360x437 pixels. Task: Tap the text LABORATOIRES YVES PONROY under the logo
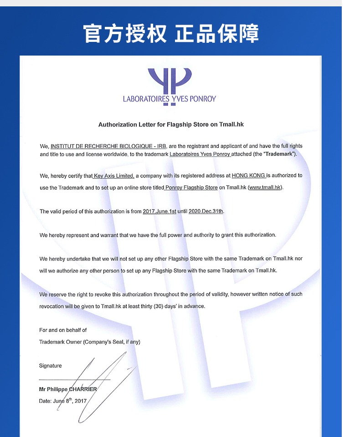pos(170,99)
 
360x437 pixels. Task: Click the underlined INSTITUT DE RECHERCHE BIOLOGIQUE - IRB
pos(108,146)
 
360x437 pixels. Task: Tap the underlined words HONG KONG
pos(248,176)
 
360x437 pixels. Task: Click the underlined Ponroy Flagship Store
pos(191,188)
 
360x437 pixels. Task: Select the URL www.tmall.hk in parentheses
pos(265,188)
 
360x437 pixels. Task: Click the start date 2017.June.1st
pos(159,212)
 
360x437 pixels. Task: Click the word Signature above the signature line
pos(51,366)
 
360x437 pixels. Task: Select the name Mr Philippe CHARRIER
pos(68,389)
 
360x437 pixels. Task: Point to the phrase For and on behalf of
pos(63,330)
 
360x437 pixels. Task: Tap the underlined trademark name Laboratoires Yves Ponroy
pos(200,154)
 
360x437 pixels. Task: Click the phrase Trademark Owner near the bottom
pos(60,342)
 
